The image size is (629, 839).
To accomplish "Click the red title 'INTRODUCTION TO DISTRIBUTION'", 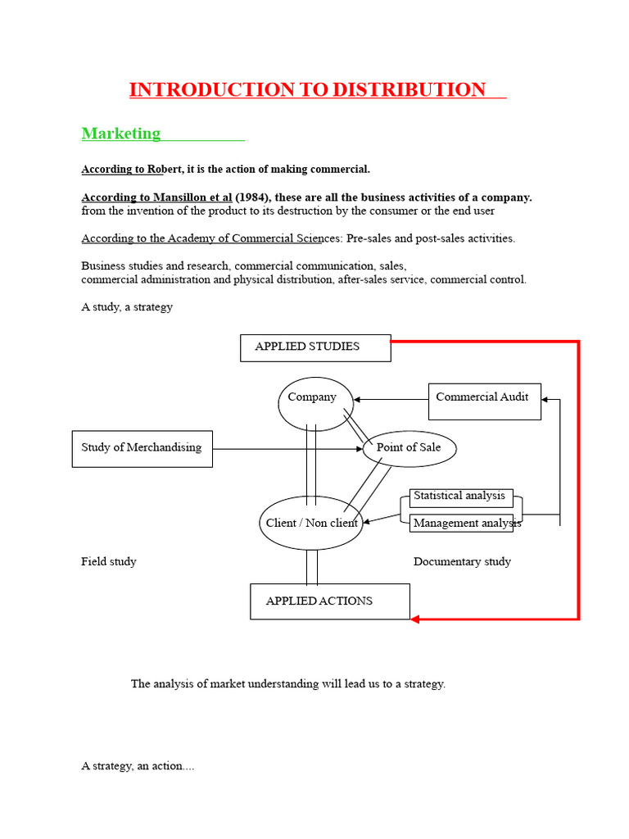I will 307,89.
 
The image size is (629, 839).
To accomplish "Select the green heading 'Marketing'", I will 121,134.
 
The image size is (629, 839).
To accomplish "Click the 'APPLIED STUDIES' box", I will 315,347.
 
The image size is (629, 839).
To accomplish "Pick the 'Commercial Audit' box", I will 485,401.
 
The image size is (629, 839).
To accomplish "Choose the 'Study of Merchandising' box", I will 142,448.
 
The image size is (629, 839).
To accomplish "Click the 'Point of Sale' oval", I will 409,448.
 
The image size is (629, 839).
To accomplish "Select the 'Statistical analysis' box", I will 461,497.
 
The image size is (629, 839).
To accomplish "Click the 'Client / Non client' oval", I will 311,522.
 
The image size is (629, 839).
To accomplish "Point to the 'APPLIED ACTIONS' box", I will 329,601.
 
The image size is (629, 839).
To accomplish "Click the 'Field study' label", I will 109,561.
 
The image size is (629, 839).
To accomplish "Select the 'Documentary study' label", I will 462,561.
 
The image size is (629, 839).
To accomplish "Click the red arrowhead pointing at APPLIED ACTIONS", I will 415,619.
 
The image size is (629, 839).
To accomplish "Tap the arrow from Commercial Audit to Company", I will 391,400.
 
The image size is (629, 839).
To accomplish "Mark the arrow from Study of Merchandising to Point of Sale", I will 287,448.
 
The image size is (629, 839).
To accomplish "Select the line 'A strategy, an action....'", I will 138,767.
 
